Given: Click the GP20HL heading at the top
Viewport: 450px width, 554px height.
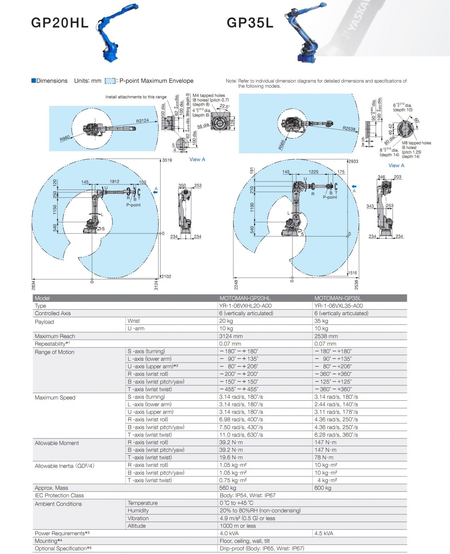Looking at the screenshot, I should pyautogui.click(x=59, y=23).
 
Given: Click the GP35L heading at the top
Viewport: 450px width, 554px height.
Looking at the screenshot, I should pyautogui.click(x=250, y=23).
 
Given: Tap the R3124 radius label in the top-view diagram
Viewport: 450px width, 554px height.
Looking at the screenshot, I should pyautogui.click(x=142, y=121).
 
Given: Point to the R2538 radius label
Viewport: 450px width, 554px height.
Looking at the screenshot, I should pyautogui.click(x=349, y=128).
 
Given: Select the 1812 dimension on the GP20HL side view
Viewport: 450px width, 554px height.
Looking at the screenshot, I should pyautogui.click(x=114, y=181).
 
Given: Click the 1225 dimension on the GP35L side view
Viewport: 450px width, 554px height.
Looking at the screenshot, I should pyautogui.click(x=313, y=172).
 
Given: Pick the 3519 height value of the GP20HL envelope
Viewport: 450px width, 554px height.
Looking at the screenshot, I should pyautogui.click(x=167, y=160).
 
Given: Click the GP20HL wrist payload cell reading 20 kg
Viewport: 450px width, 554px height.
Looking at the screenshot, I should pyautogui.click(x=226, y=321).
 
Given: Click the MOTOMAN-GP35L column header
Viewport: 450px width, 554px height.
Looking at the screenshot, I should pyautogui.click(x=337, y=298).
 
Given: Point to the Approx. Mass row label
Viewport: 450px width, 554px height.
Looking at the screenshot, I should pyautogui.click(x=51, y=488).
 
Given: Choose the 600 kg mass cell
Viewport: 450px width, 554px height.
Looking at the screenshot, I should pyautogui.click(x=323, y=488).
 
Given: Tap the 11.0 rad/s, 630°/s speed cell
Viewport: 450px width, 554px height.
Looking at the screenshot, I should pyautogui.click(x=241, y=435).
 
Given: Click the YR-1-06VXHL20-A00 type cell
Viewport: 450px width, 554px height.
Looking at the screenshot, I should pyautogui.click(x=245, y=305).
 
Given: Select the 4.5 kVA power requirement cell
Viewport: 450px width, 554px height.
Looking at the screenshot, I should pyautogui.click(x=324, y=533).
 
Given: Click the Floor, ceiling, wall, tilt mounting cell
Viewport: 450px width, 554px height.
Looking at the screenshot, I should pyautogui.click(x=244, y=541).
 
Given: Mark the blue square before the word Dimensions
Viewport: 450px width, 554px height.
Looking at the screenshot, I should pyautogui.click(x=34, y=80).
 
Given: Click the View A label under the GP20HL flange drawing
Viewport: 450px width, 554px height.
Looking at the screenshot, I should pyautogui.click(x=197, y=159).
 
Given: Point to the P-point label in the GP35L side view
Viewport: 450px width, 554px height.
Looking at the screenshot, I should pyautogui.click(x=330, y=197).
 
